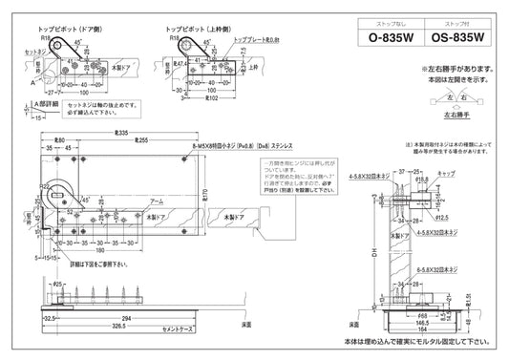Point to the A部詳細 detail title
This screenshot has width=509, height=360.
coord(21,103)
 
